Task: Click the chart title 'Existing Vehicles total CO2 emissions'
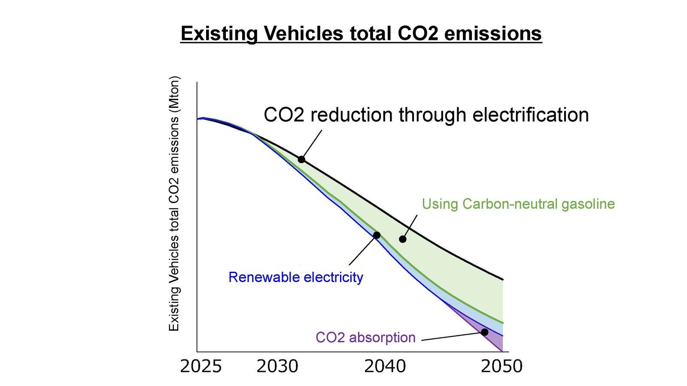(361, 33)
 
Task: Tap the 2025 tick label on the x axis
(201, 366)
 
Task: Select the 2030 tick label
(277, 366)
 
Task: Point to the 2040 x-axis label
(385, 366)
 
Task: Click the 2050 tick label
(502, 366)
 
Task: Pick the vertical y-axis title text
(174, 204)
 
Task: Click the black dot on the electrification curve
(301, 159)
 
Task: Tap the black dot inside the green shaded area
(402, 239)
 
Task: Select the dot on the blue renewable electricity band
(377, 235)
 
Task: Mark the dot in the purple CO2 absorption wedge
(484, 332)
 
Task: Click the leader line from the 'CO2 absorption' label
(451, 337)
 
